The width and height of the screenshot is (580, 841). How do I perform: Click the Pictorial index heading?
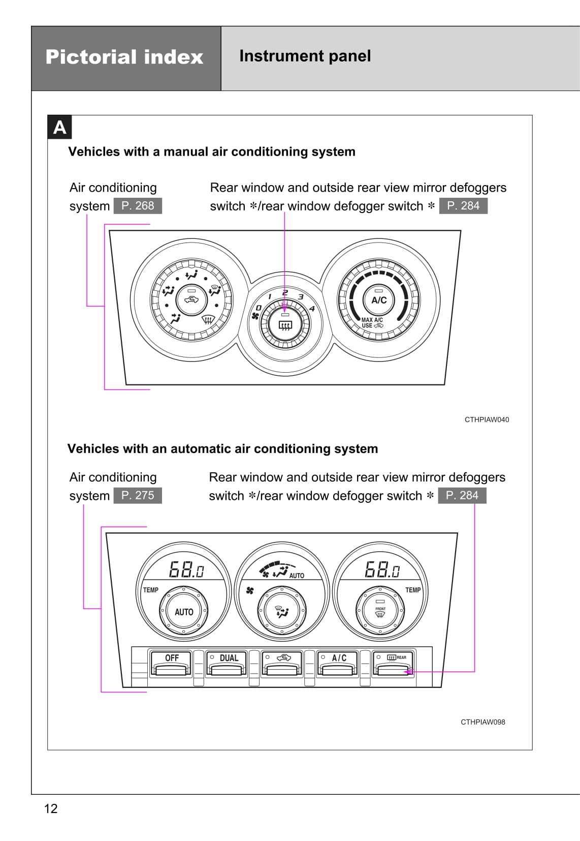[x=124, y=57]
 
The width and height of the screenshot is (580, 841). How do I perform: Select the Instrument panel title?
[x=305, y=56]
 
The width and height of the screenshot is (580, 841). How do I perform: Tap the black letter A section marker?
[x=60, y=127]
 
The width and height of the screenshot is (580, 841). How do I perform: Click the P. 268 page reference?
[x=138, y=205]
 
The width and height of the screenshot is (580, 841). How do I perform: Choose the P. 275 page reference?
[x=138, y=495]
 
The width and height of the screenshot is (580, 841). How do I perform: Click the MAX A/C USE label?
[x=372, y=323]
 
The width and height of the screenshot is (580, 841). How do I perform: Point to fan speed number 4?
[x=312, y=308]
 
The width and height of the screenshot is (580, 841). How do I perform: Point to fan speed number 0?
[x=259, y=308]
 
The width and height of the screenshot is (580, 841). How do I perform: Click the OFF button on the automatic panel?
[x=172, y=663]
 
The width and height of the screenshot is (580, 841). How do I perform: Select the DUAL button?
[x=228, y=663]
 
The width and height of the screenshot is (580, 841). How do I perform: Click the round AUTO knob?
[x=184, y=612]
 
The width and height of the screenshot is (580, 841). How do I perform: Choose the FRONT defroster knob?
[x=380, y=612]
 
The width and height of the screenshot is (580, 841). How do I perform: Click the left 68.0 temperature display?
[x=186, y=569]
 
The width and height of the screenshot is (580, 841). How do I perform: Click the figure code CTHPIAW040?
[x=487, y=419]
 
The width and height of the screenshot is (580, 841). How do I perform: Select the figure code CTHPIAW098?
[x=483, y=722]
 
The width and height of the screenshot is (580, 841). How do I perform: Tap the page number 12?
[x=51, y=809]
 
